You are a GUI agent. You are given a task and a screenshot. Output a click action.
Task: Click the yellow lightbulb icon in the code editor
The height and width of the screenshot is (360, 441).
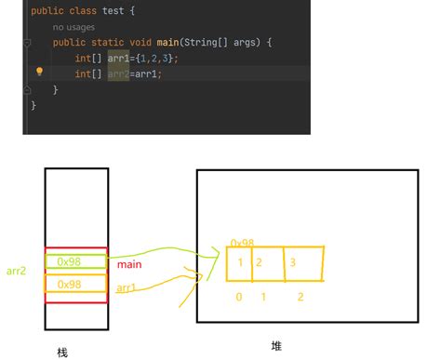click(40, 72)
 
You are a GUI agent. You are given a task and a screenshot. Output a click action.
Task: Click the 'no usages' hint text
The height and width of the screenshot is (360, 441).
click(75, 27)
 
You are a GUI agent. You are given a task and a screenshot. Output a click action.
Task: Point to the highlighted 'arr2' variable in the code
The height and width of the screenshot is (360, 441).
click(118, 73)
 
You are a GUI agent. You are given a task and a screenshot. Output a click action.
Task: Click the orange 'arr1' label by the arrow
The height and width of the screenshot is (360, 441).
click(127, 288)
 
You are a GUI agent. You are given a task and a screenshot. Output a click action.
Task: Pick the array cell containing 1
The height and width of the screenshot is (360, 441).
click(240, 263)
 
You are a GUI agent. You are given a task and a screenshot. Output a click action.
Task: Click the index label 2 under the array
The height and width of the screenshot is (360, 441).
click(301, 297)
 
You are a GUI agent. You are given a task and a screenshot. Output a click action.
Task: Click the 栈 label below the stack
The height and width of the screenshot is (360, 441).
click(62, 353)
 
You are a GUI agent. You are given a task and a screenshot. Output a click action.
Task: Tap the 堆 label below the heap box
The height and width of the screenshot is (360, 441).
click(276, 346)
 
